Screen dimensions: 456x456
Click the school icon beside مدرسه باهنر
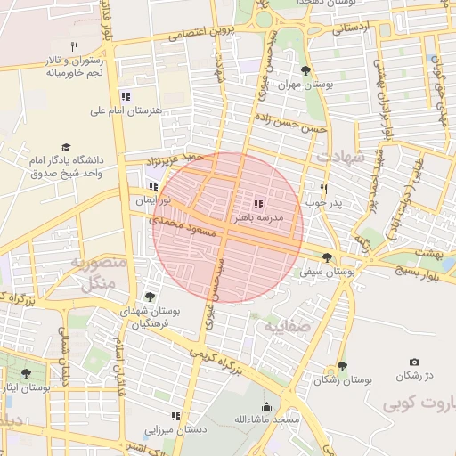click(x=258, y=204)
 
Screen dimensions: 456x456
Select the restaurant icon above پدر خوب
click(x=323, y=189)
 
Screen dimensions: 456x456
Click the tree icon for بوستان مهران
click(x=305, y=70)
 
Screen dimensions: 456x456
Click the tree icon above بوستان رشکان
click(x=342, y=366)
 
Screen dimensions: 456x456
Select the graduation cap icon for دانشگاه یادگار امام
click(x=66, y=148)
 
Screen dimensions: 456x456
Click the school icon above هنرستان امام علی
click(x=126, y=96)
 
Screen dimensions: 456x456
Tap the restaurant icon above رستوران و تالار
click(x=75, y=46)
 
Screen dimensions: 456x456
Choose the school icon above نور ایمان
click(x=153, y=187)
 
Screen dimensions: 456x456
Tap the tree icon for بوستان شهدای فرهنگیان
click(x=148, y=297)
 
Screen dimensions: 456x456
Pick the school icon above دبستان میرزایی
click(x=175, y=416)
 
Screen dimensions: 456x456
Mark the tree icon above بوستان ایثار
click(x=25, y=374)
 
